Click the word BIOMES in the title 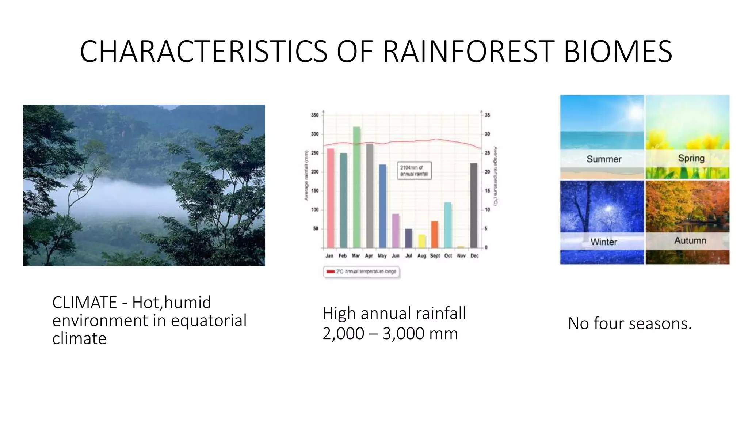[x=618, y=52]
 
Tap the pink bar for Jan [x=330, y=198]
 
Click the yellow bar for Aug [x=422, y=241]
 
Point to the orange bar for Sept [x=435, y=234]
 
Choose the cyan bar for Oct [x=448, y=225]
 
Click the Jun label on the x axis [x=395, y=256]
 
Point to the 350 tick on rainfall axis [x=315, y=115]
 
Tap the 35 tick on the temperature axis [x=487, y=115]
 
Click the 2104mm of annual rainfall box [x=414, y=171]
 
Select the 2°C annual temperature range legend [x=362, y=272]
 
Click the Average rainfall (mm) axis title [x=306, y=175]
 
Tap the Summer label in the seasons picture [x=604, y=159]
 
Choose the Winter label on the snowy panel [x=603, y=242]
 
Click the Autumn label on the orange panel [x=690, y=240]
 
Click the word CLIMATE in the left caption [x=84, y=303]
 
